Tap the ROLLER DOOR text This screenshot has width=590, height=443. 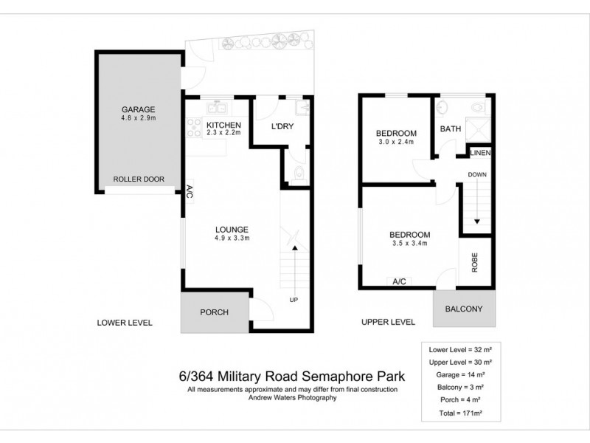[138, 179]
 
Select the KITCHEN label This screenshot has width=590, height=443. [223, 125]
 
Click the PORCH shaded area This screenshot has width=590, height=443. [215, 312]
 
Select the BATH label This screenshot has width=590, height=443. [451, 129]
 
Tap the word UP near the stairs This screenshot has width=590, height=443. [294, 300]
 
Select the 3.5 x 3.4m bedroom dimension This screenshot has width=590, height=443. [409, 243]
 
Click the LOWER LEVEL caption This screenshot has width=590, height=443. [125, 323]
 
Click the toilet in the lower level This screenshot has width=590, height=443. [296, 176]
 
